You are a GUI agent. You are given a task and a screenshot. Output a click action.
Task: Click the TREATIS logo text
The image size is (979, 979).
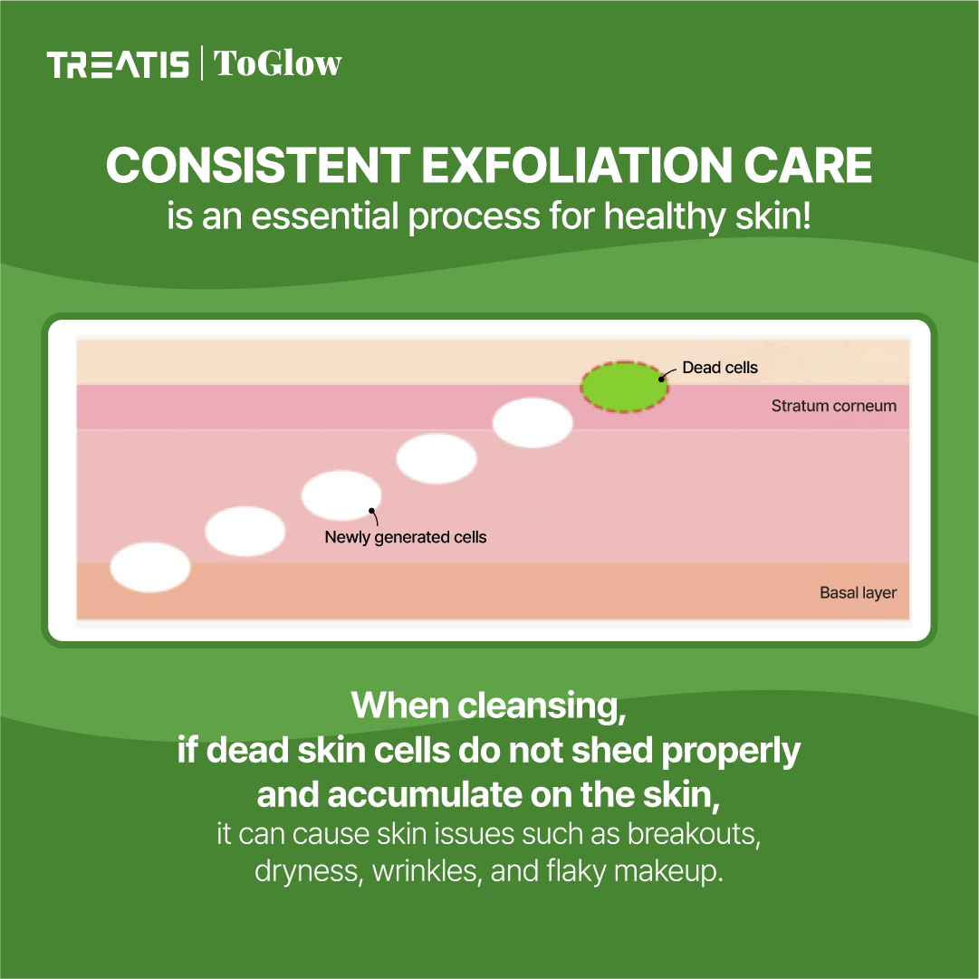coord(118,65)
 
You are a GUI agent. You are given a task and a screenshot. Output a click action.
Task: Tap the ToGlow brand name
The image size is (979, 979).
coord(277,64)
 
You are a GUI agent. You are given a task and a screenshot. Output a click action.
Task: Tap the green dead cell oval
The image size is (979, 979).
coord(625,386)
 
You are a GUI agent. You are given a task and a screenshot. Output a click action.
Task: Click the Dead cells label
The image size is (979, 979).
coord(720,368)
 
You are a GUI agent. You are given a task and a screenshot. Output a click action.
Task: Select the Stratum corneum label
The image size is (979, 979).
coord(833,406)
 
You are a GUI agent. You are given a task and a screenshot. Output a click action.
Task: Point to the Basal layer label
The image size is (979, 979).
coord(858,593)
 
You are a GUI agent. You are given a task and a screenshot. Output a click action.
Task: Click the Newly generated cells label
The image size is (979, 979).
coord(406,537)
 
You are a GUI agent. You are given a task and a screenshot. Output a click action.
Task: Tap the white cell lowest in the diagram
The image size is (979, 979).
coord(150,568)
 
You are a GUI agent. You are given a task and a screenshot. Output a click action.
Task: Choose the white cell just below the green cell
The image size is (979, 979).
coord(533,423)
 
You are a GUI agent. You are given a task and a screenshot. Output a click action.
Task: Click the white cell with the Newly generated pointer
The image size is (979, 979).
coord(341,494)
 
